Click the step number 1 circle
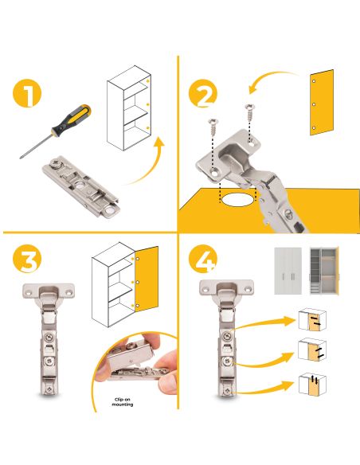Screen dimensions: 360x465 point(27,93)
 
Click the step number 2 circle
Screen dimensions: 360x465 point(203,93)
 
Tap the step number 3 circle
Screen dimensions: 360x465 point(27,259)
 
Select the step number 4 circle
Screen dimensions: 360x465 point(203,259)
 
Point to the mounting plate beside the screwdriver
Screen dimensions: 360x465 point(80,187)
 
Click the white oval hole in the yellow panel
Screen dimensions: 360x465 point(237,200)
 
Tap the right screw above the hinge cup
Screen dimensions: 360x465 point(250,112)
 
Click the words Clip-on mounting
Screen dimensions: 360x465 point(123,402)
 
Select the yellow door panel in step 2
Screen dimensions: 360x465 point(322,103)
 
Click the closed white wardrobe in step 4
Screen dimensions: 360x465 point(288,271)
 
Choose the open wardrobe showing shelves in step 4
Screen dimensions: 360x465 point(324,271)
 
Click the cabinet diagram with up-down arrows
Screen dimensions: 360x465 point(312,385)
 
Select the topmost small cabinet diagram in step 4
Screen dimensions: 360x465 point(312,320)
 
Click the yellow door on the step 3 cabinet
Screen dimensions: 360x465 point(147,279)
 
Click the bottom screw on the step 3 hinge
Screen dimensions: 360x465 point(49,389)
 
